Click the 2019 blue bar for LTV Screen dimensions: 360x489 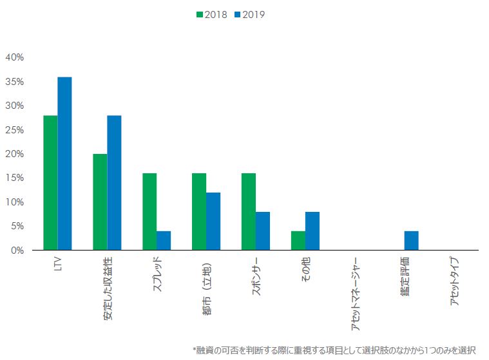(x=64, y=164)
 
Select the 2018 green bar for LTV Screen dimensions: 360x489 (x=50, y=183)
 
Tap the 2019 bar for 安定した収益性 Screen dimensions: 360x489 (x=114, y=183)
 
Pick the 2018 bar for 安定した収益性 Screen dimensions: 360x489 (x=100, y=202)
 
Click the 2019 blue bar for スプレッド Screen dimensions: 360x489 (x=164, y=241)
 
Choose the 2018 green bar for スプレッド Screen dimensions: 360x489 (x=149, y=212)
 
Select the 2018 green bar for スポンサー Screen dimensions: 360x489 (x=249, y=212)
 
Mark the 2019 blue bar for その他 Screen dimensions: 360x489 (x=312, y=231)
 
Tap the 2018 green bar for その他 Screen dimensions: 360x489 (x=298, y=241)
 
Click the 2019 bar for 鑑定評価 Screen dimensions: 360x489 (x=412, y=241)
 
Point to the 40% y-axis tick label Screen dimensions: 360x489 (x=14, y=57)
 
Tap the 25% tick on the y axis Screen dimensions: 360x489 (x=14, y=130)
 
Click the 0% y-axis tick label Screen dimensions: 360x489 (x=17, y=251)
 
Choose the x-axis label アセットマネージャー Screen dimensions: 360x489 (x=356, y=294)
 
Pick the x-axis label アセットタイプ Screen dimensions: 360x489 (x=455, y=283)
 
